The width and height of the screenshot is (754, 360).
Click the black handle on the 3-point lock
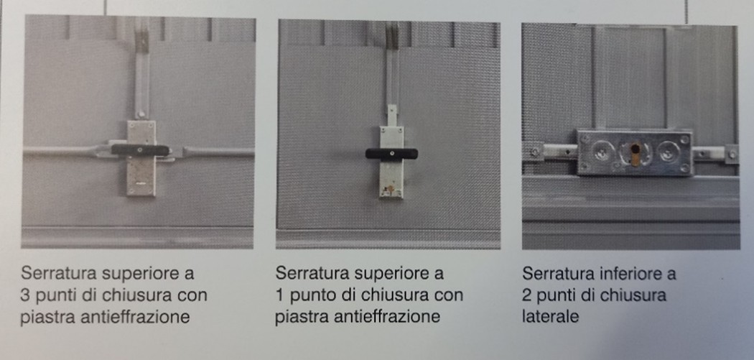[140, 150]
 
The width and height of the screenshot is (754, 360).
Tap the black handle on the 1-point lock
[391, 154]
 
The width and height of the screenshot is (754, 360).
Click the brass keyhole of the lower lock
[636, 154]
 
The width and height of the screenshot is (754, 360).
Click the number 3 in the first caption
[25, 295]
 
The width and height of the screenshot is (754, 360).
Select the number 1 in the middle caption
[279, 295]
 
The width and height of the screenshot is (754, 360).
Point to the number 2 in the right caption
[527, 295]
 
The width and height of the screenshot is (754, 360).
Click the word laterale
[550, 317]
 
